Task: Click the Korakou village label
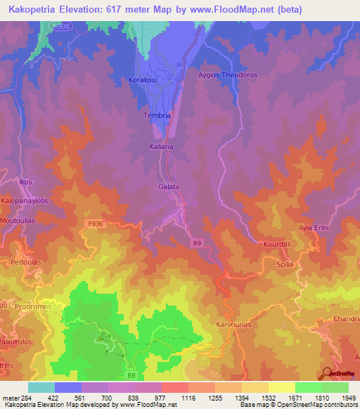[x=143, y=80]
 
